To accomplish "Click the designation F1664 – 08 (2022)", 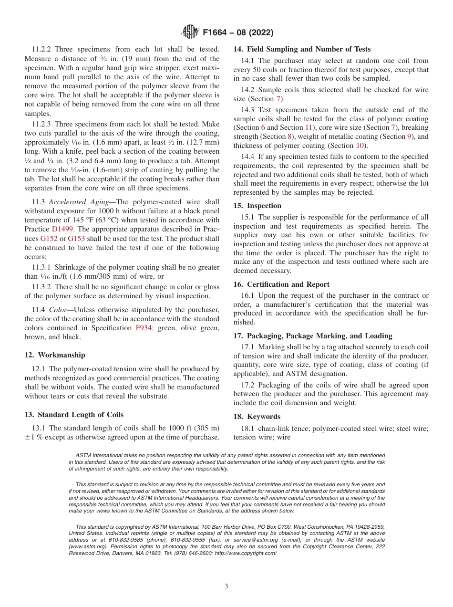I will click(x=237, y=33).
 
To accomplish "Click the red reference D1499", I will click(x=62, y=229).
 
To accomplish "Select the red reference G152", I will click(x=49, y=238).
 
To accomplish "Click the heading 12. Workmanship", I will click(x=55, y=355).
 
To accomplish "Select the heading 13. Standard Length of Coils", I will click(x=74, y=414).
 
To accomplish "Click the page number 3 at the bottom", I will click(x=226, y=586).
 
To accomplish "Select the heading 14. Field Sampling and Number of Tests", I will click(x=302, y=49).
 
